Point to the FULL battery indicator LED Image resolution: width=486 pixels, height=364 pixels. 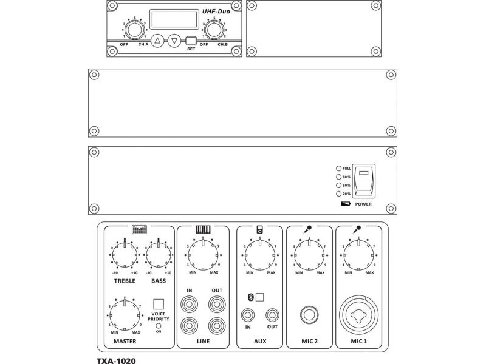(x=338, y=168)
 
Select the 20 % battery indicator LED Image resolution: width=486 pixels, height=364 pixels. (x=338, y=194)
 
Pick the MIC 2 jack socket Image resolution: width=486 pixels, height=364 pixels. (x=309, y=315)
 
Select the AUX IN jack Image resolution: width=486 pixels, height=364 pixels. (x=248, y=315)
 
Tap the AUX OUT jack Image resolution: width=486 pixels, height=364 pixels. (x=272, y=315)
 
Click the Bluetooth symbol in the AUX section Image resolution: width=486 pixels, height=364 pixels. (x=250, y=297)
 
